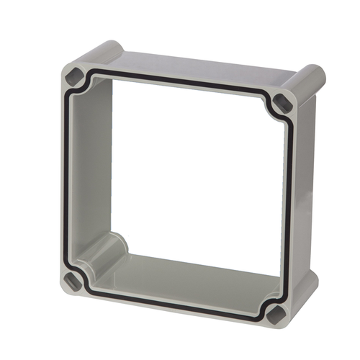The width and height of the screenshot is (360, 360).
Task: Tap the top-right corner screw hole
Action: (283, 102)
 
